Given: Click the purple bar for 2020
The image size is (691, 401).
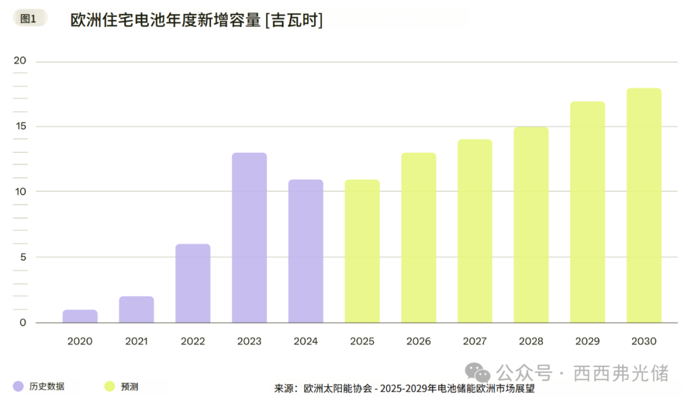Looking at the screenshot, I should (80, 317).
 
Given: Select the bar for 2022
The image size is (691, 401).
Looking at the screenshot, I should (193, 283).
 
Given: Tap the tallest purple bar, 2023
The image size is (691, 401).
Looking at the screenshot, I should (249, 238).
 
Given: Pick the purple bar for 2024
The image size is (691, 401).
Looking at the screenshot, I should (306, 251).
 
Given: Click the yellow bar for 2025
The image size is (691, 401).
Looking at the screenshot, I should (362, 251).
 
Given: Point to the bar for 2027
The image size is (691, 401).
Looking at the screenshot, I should (475, 231).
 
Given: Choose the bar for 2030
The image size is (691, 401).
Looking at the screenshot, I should (644, 205).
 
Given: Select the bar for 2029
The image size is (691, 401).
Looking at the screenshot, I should (587, 212).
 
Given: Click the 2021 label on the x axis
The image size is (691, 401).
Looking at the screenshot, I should (136, 342).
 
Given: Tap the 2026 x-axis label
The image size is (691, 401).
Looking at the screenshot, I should (418, 342).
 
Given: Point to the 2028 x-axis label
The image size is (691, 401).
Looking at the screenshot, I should (531, 342).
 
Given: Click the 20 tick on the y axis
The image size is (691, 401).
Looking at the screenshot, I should (20, 61).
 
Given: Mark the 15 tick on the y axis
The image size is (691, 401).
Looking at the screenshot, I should (20, 127).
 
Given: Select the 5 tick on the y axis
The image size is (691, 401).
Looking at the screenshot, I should (22, 257).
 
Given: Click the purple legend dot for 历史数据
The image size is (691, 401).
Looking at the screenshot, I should (19, 386).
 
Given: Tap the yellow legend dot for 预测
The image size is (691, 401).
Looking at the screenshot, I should (109, 386).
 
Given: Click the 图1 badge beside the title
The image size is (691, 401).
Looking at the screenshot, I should (29, 19).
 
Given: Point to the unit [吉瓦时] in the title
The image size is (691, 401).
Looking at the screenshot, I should (294, 20).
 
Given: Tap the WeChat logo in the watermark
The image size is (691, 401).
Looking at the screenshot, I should (477, 372).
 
